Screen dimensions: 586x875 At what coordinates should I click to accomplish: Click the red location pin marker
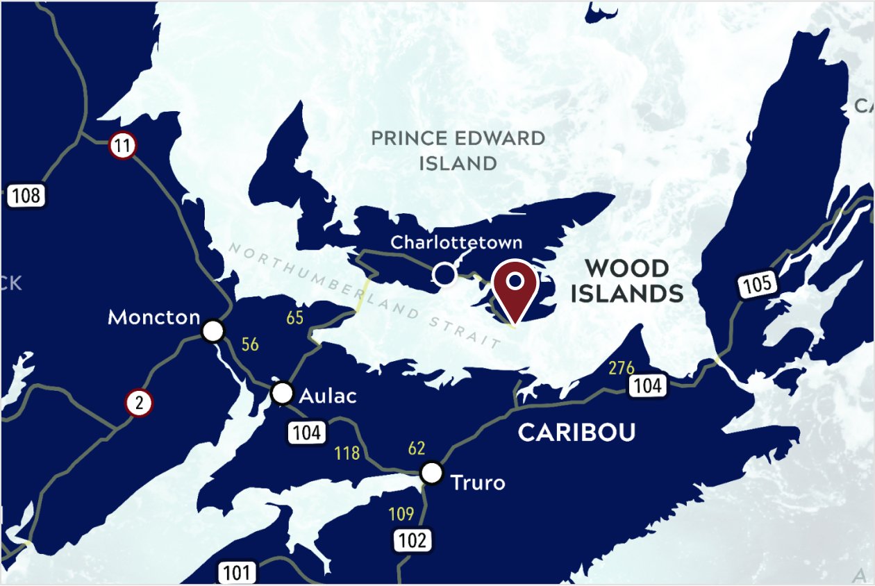pyautogui.click(x=515, y=287)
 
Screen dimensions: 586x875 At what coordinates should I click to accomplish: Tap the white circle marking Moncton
pyautogui.click(x=213, y=331)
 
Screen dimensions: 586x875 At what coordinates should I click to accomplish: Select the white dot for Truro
pyautogui.click(x=432, y=473)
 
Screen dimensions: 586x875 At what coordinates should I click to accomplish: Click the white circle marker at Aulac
pyautogui.click(x=282, y=393)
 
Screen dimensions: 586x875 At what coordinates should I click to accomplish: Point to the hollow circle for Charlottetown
pyautogui.click(x=444, y=274)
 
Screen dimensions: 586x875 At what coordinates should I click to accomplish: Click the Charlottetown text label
pyautogui.click(x=456, y=242)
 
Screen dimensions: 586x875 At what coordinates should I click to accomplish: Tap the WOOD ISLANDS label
pyautogui.click(x=627, y=281)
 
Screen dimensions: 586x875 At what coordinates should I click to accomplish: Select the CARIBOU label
pyautogui.click(x=576, y=433)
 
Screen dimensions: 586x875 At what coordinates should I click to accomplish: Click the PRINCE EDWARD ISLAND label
pyautogui.click(x=458, y=150)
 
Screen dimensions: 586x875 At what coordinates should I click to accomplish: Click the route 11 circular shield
pyautogui.click(x=123, y=146)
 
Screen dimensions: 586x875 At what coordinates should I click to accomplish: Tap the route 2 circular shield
pyautogui.click(x=140, y=403)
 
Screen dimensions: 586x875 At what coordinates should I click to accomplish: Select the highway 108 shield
pyautogui.click(x=26, y=195)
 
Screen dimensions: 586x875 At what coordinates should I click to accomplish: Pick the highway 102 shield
pyautogui.click(x=413, y=540)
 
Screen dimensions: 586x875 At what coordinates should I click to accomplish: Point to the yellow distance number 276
pyautogui.click(x=622, y=368)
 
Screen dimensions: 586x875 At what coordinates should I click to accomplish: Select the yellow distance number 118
pyautogui.click(x=347, y=453)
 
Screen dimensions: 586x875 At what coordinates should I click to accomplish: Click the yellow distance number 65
pyautogui.click(x=295, y=318)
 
